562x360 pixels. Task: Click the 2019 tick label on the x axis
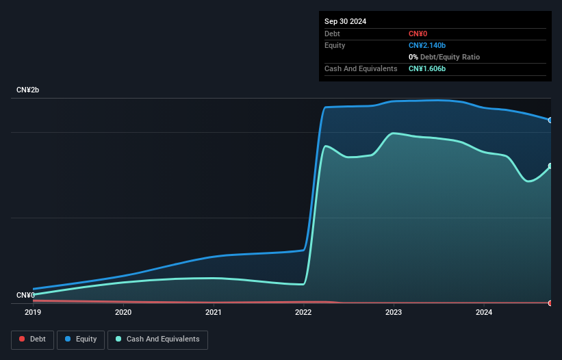pos(33,313)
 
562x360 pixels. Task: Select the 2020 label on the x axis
pos(123,313)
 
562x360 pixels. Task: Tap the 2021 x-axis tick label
pos(214,313)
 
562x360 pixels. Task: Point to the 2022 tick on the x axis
pos(303,313)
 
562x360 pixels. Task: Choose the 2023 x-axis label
pos(394,313)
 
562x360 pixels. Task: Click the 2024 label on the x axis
pos(484,313)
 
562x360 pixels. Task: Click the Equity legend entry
pos(81,339)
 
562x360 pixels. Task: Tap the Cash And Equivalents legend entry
pos(157,339)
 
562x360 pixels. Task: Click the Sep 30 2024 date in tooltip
pos(345,21)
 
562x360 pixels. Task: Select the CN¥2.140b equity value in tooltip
pos(426,45)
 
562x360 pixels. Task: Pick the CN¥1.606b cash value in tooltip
pos(426,68)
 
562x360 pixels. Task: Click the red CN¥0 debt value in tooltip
pos(418,34)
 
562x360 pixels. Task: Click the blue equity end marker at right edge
pos(550,120)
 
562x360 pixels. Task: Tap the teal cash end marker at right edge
pos(550,166)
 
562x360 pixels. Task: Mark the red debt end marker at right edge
pos(550,303)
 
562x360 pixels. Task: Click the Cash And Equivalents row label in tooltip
pos(361,68)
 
